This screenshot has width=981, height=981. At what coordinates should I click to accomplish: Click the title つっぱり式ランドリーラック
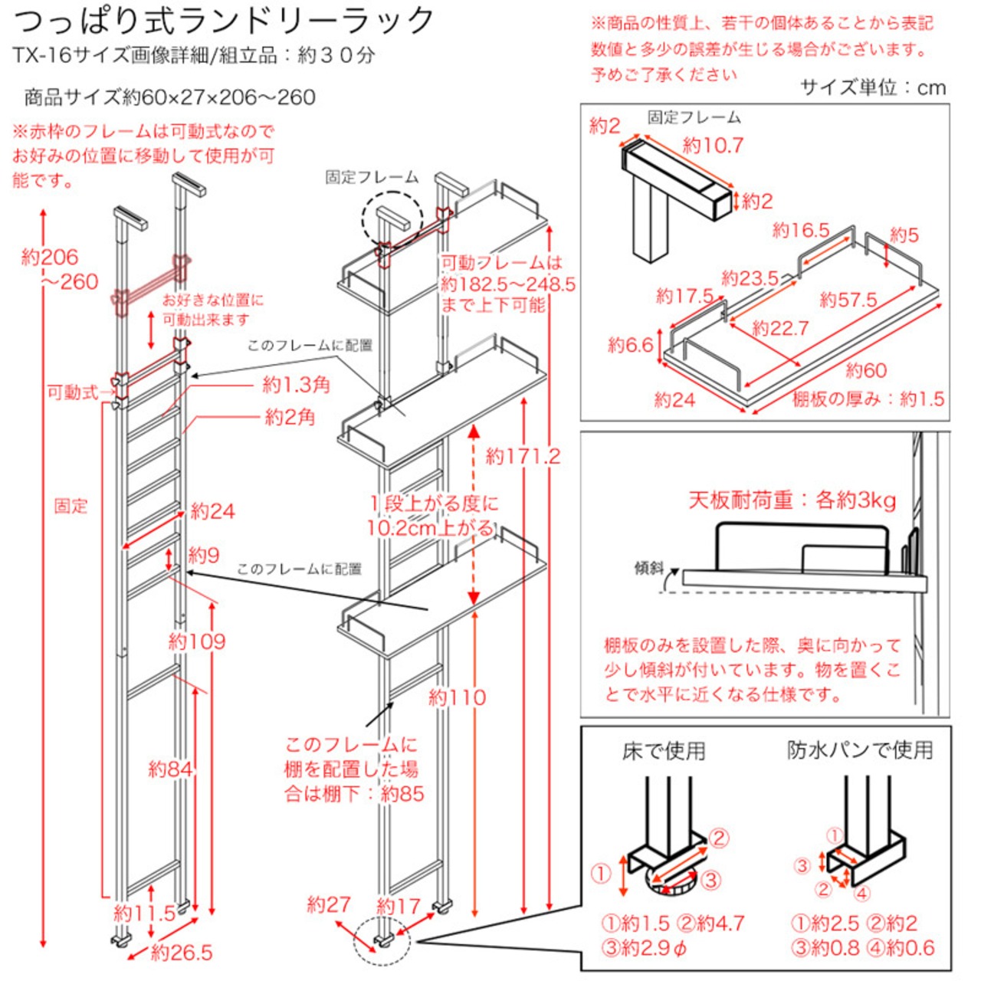[x=224, y=20]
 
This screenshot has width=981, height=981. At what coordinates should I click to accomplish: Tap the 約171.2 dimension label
[x=523, y=457]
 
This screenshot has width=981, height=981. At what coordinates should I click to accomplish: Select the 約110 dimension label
[x=457, y=697]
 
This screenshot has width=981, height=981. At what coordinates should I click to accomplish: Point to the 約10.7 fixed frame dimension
[x=713, y=145]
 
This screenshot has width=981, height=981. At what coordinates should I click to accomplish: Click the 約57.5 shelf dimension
[x=848, y=300]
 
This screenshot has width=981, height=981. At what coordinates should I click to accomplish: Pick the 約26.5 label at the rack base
[x=182, y=953]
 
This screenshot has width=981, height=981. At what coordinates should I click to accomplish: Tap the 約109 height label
[x=197, y=641]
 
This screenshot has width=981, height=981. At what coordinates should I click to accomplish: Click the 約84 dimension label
[x=170, y=769]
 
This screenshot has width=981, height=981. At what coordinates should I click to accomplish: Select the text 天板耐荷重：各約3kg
[x=792, y=500]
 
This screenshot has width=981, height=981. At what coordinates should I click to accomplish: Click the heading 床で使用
[x=664, y=751]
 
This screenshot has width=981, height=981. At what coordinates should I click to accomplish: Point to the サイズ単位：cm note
[x=873, y=87]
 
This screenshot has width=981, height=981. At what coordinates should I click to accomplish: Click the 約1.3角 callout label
[x=296, y=384]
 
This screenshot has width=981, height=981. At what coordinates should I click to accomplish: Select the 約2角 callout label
[x=290, y=417]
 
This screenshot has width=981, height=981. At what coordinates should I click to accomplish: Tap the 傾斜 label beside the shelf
[x=648, y=568]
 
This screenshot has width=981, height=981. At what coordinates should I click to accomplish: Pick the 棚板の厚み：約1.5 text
[x=868, y=399]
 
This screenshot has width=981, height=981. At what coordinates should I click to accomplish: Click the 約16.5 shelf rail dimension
[x=801, y=230]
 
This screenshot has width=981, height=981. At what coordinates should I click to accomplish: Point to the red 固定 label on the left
[x=71, y=506]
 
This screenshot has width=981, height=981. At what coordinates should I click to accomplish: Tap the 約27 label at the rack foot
[x=328, y=905]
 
